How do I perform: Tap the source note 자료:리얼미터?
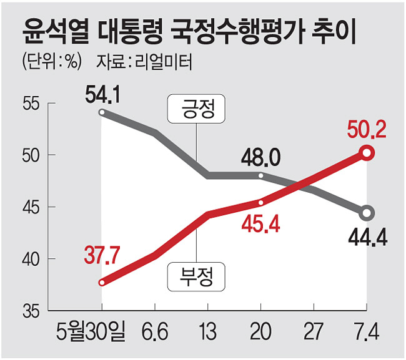pyautogui.click(x=144, y=63)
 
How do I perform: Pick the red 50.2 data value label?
pyautogui.click(x=367, y=130)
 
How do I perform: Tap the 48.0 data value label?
pyautogui.click(x=260, y=158)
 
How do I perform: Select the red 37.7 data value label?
pyautogui.click(x=102, y=256)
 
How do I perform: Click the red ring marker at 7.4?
pyautogui.click(x=368, y=152)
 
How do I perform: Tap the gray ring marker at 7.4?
pyautogui.click(x=368, y=213)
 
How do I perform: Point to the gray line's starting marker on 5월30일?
pyautogui.click(x=102, y=113)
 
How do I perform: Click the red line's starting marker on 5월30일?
pyautogui.click(x=102, y=282)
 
